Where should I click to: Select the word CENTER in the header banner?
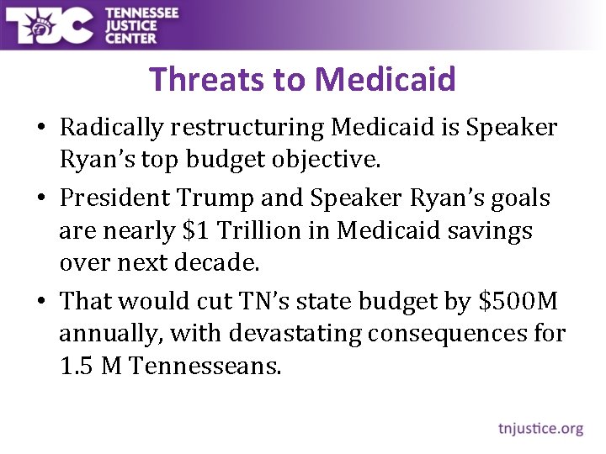131,37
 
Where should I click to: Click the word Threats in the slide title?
204,79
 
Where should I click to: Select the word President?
115,199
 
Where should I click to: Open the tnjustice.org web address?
540,429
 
